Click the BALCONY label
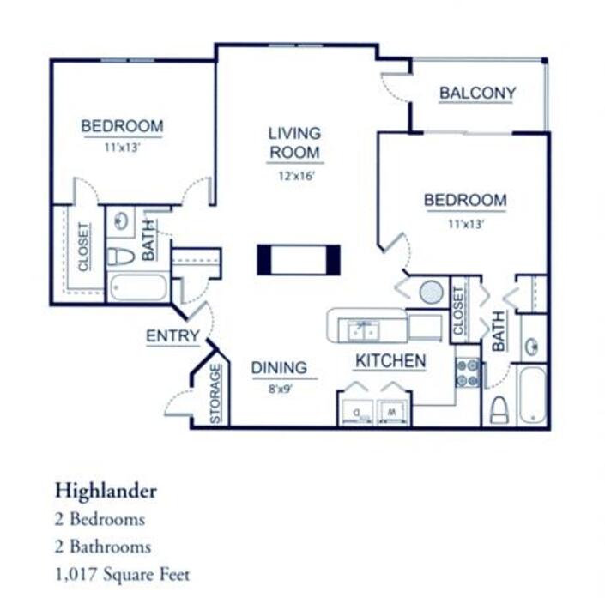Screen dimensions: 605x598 (477, 93)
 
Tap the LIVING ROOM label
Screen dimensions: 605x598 (295, 142)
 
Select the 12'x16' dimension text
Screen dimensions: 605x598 (297, 176)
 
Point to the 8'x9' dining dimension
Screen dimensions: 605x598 (280, 389)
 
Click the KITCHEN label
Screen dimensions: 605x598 (390, 360)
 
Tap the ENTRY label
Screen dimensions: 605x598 (172, 336)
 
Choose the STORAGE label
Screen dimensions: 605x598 (215, 394)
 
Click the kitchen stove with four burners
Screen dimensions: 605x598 (468, 372)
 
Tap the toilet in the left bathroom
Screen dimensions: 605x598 (121, 257)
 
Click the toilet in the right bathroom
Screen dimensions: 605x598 (499, 409)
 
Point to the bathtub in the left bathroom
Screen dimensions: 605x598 (138, 287)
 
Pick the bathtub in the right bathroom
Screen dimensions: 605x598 (532, 396)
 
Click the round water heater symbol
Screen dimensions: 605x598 (431, 292)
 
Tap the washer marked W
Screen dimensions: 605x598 (391, 413)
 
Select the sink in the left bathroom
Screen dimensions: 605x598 (121, 221)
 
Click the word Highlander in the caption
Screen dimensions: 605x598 (106, 491)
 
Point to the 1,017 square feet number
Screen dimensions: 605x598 (76, 575)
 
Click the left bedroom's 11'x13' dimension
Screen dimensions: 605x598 (122, 148)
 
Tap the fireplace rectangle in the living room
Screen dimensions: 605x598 (299, 260)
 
